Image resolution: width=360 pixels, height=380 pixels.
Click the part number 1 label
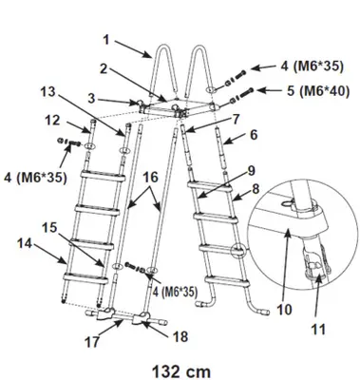106,40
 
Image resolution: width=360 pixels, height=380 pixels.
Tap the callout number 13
47,92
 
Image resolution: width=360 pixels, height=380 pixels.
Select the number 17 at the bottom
92,342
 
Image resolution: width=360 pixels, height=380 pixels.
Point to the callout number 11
318,330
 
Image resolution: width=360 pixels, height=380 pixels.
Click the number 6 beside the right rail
254,135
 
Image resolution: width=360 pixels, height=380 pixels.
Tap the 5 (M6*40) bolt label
317,91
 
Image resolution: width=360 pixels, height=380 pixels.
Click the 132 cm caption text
181,370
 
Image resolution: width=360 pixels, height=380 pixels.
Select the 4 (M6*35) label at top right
312,66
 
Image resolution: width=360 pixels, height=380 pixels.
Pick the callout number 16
150,178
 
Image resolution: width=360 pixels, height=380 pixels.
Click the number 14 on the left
25,243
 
